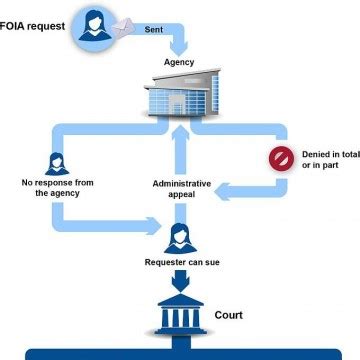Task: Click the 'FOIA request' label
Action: click(36, 22)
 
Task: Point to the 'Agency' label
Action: click(179, 62)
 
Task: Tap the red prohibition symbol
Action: click(279, 159)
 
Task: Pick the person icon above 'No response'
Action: click(56, 164)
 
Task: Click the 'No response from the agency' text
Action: click(56, 188)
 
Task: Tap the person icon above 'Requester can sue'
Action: click(181, 236)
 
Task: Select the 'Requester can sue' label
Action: click(181, 262)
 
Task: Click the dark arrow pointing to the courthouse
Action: click(181, 282)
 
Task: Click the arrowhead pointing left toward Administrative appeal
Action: click(226, 186)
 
